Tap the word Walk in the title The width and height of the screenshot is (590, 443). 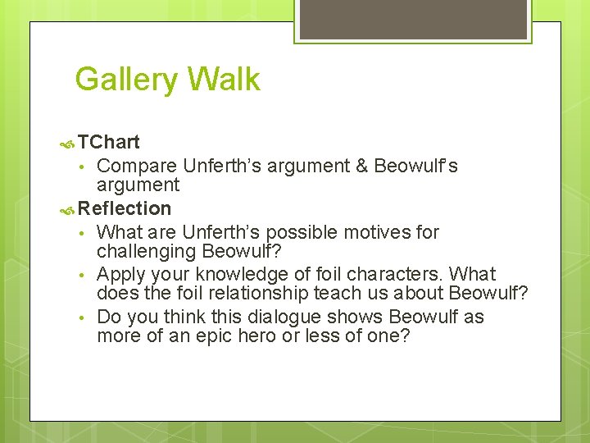pyautogui.click(x=223, y=80)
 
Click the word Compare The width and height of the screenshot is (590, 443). pyautogui.click(x=137, y=166)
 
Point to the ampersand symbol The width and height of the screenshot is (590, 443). pyautogui.click(x=361, y=166)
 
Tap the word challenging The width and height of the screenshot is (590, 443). pyautogui.click(x=147, y=252)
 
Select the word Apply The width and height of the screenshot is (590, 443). pyautogui.click(x=120, y=274)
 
